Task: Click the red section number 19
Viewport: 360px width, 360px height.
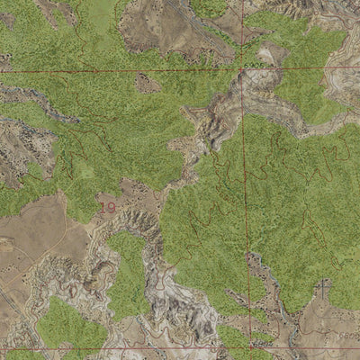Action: [x=107, y=207]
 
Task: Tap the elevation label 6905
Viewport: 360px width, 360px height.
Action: [x=256, y=65]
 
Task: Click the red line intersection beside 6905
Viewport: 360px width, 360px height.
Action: [x=241, y=68]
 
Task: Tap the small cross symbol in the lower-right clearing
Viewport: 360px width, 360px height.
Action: [x=323, y=288]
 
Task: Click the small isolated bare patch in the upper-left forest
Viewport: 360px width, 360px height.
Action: [x=146, y=84]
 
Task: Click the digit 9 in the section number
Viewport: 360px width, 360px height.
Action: [x=111, y=207]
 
